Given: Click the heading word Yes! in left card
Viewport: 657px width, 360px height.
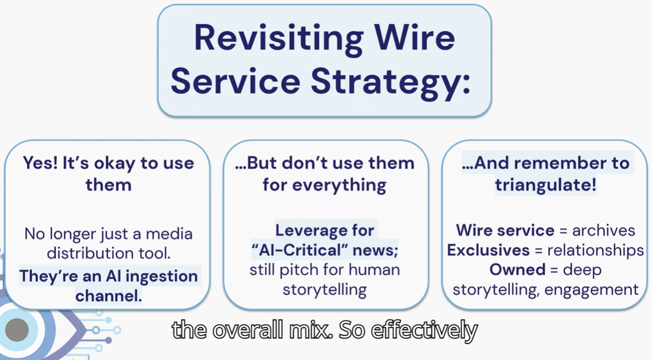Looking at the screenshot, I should [x=40, y=163].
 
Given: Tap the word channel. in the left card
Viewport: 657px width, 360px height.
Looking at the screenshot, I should [x=108, y=296].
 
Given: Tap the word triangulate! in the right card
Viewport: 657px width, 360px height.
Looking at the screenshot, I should [x=545, y=184].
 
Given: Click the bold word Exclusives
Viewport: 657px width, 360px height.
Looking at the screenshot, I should [x=487, y=250].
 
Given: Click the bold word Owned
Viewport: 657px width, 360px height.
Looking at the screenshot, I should [x=516, y=270].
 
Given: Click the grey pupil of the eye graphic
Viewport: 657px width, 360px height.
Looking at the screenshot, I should [x=18, y=330].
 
